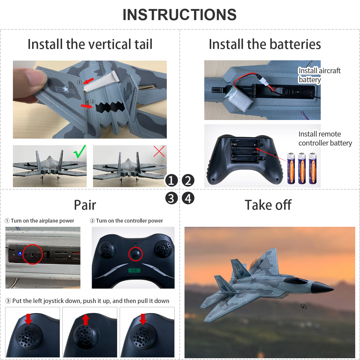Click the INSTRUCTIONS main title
click(x=179, y=15)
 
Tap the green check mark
click(x=80, y=151)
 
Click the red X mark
click(x=159, y=151)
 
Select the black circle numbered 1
click(x=171, y=181)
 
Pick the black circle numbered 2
click(x=188, y=181)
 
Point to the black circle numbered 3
click(x=171, y=198)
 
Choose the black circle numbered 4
click(x=188, y=198)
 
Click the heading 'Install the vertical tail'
click(x=90, y=44)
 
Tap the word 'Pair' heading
click(x=85, y=205)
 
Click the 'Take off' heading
click(x=268, y=205)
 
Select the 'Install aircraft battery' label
click(x=319, y=75)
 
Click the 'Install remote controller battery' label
click(x=325, y=139)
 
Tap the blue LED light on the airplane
click(x=19, y=254)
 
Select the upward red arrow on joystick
click(x=86, y=319)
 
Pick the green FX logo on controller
click(x=134, y=270)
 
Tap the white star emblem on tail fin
click(x=66, y=89)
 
